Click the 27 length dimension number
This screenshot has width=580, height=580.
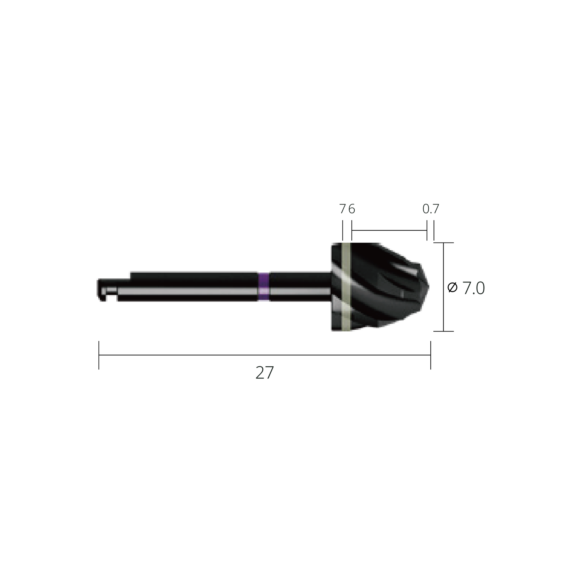pos(264,373)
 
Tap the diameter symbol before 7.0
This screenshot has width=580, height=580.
pos(452,288)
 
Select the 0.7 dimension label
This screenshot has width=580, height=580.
pos(430,209)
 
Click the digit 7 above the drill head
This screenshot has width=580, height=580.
pos(342,209)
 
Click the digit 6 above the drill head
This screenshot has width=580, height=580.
pos(351,209)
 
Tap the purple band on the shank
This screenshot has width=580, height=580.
pos(263,287)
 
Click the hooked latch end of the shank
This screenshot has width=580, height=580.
pos(102,290)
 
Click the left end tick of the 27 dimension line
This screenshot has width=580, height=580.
pos(99,355)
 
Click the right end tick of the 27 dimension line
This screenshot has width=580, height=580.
pos(430,355)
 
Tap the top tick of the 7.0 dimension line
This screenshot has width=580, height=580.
pos(443,243)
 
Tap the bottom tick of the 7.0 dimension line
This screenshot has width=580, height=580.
pos(443,331)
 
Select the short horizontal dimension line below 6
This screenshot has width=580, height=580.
pos(389,231)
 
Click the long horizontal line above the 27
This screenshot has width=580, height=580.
pos(264,355)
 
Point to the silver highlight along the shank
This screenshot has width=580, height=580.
pos(186,291)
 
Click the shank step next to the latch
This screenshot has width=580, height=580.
pos(130,276)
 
